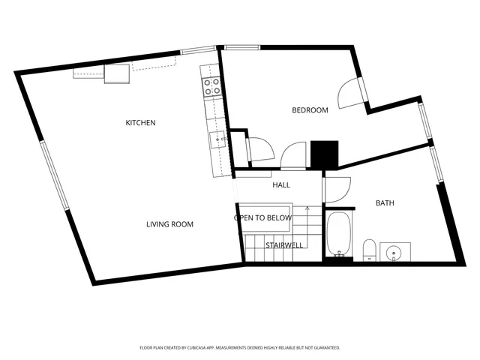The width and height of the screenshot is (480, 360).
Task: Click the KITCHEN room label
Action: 140,122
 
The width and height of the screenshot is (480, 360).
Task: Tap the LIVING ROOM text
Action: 169,224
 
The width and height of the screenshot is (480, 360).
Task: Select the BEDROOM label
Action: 310,110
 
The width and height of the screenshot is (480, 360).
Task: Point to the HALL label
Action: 281,185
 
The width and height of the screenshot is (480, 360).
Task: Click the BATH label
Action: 385,203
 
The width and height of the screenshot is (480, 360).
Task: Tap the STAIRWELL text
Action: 284,245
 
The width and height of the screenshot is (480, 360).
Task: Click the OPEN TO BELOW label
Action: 262,218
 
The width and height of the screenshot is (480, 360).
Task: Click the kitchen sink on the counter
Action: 220,139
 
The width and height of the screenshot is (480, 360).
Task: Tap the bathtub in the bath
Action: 338,234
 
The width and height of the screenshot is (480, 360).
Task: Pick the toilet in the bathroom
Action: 369,250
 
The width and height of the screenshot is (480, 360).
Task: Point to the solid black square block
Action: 325,155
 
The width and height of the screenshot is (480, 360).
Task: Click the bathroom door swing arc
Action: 337,187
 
